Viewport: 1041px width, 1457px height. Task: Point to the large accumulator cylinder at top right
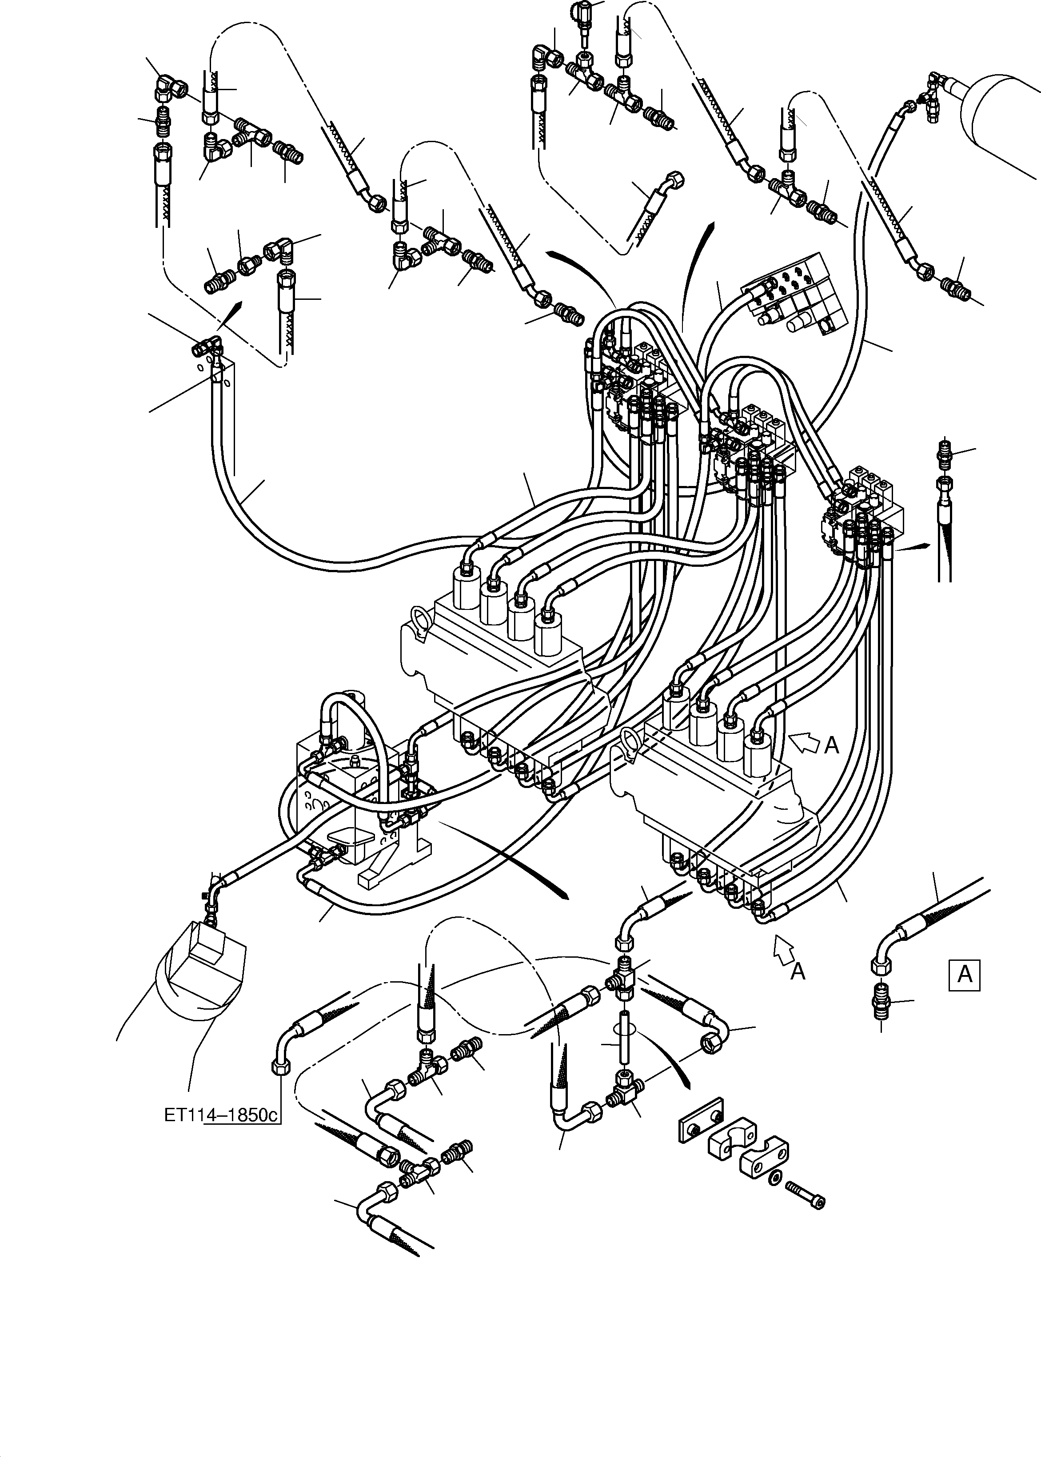point(1003,121)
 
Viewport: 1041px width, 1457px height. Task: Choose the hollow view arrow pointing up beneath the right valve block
point(782,947)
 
